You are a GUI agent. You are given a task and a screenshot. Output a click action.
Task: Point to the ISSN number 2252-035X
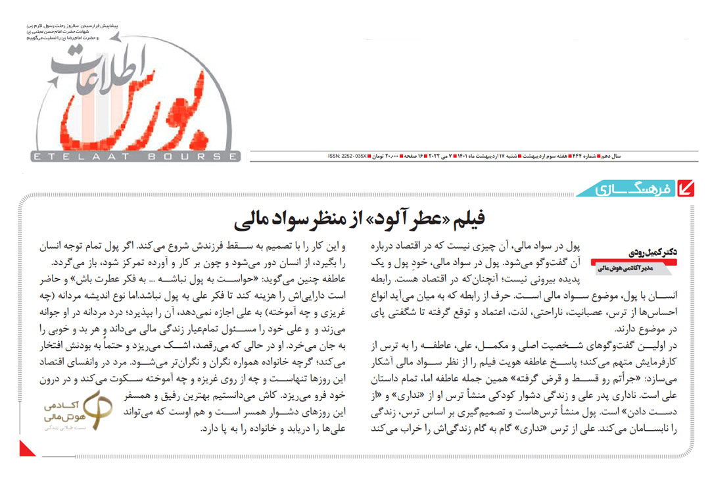point(348,157)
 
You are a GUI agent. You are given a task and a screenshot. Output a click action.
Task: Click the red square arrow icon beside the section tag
point(686,189)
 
